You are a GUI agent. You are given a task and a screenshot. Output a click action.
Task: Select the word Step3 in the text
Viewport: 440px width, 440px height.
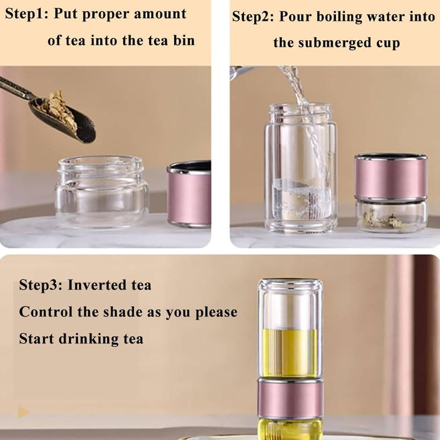(40, 285)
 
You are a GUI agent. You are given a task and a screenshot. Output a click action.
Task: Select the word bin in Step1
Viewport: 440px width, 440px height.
(184, 41)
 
